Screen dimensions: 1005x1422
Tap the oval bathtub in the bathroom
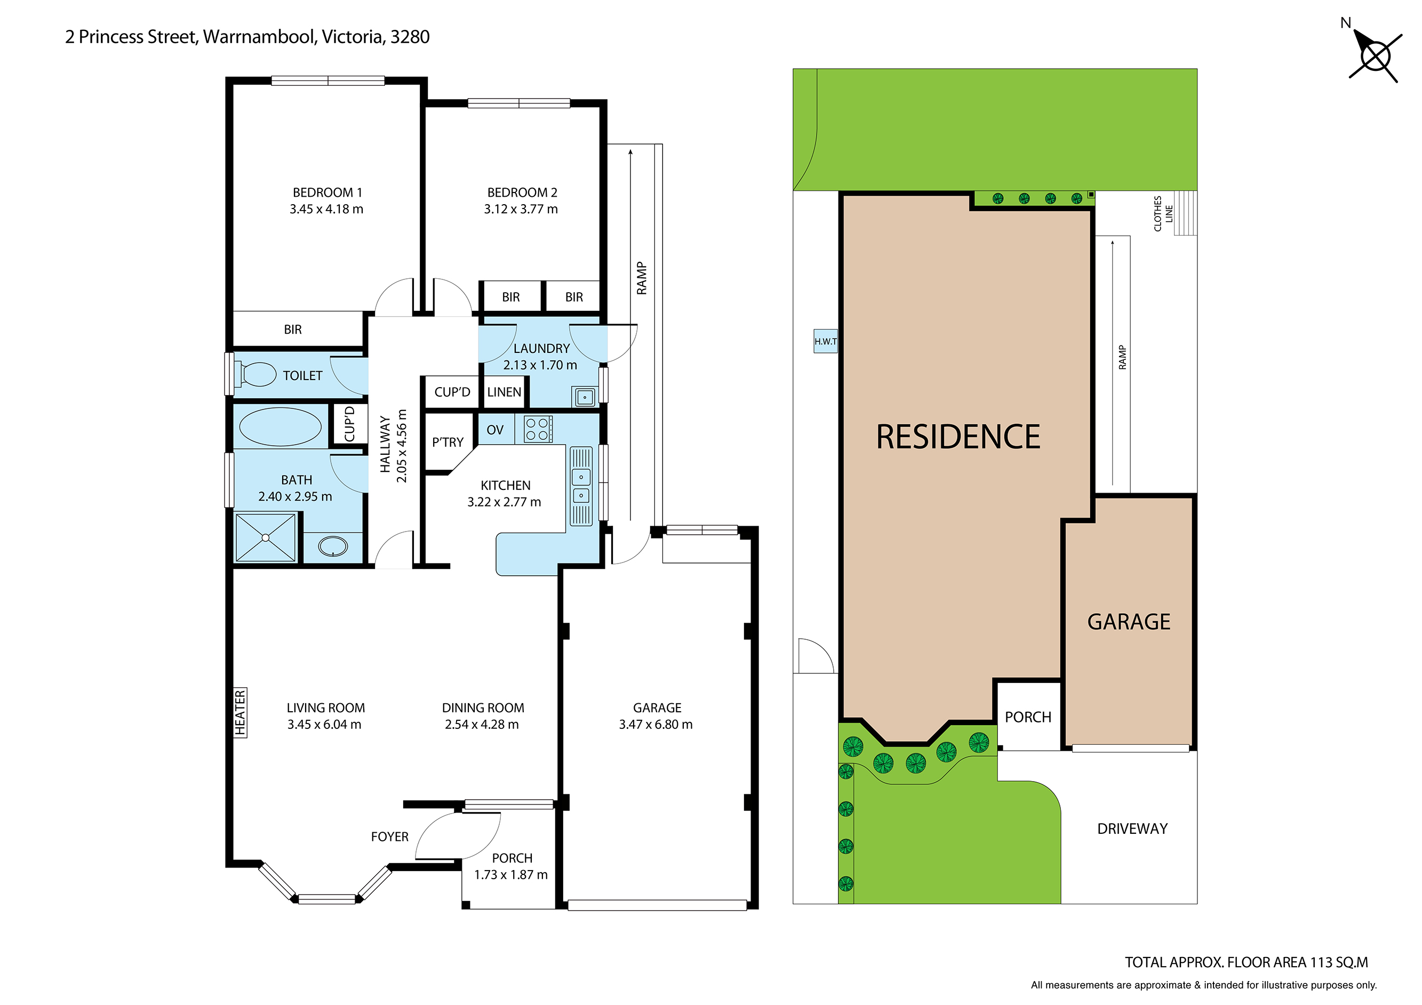280,427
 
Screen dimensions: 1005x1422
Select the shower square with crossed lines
266,537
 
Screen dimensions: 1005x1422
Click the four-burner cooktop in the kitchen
538,429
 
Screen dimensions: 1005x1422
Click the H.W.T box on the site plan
825,341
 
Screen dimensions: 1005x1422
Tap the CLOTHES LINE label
1162,214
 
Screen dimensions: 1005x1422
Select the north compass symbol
1375,57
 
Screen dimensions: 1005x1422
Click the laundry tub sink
585,397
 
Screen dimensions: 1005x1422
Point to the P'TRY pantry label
447,442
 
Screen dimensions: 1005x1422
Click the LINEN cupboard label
504,392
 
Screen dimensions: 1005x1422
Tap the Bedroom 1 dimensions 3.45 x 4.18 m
326,210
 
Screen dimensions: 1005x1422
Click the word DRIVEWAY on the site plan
1132,829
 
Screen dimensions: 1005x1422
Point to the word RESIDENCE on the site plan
957,437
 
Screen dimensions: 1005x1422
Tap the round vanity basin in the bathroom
333,546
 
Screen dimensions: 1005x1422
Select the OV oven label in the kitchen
495,430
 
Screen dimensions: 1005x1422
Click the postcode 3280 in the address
410,37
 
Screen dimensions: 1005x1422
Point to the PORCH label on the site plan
1027,717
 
